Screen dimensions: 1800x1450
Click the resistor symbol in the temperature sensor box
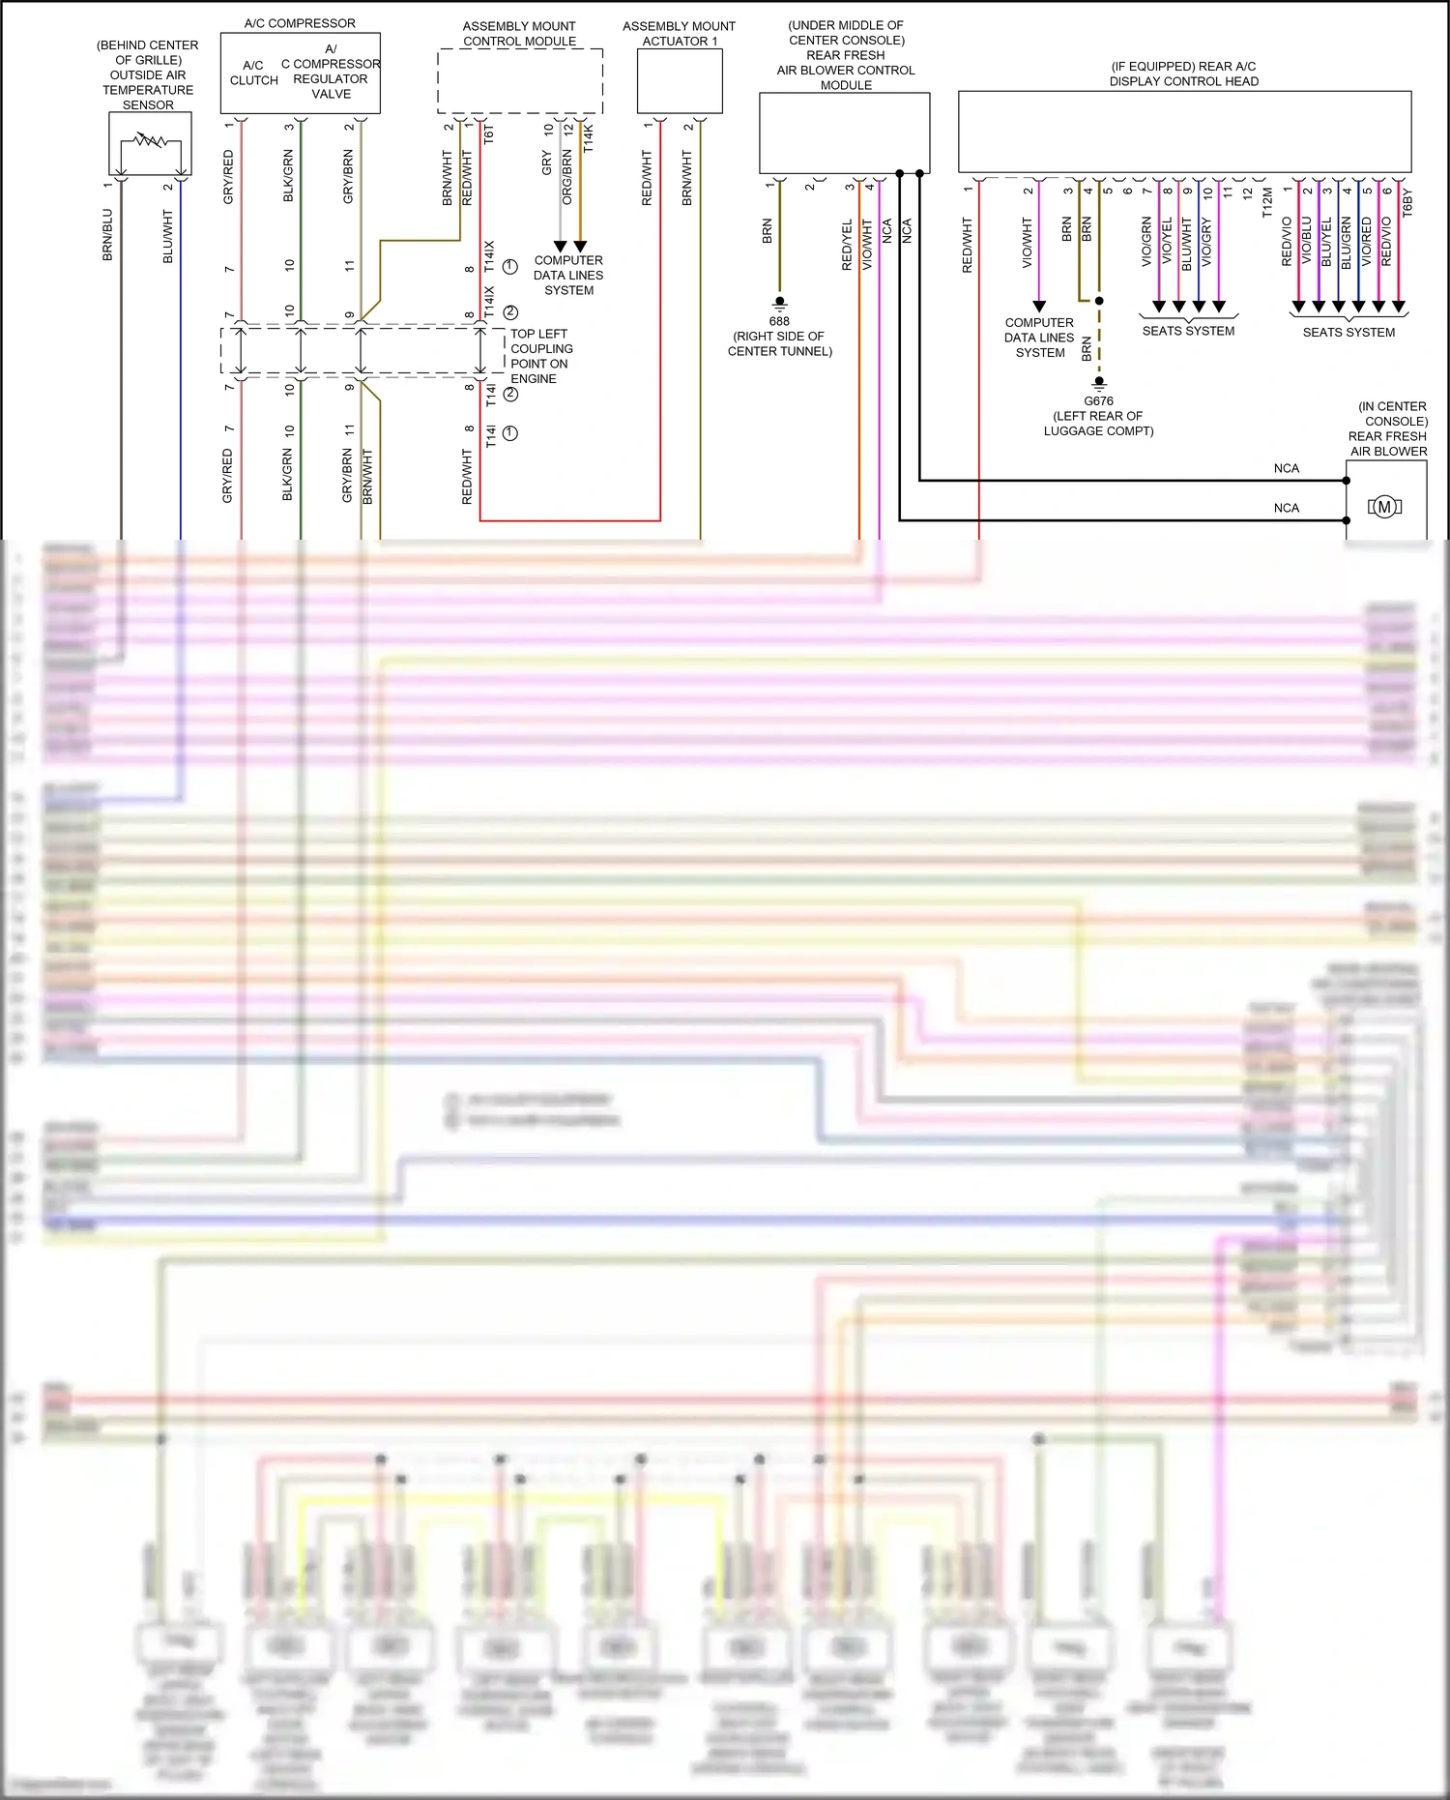click(x=149, y=141)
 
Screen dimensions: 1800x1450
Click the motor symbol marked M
click(x=1384, y=507)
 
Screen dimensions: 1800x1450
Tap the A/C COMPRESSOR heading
click(x=300, y=23)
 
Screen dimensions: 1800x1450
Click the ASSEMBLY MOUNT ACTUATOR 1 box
click(x=680, y=81)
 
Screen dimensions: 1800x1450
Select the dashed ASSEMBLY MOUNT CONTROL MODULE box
click(x=520, y=82)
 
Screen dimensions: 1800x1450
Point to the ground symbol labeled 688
click(x=779, y=304)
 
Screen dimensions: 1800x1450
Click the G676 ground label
click(x=1098, y=400)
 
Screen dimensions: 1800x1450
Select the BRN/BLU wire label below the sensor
click(x=107, y=235)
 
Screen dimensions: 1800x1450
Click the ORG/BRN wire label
click(x=567, y=177)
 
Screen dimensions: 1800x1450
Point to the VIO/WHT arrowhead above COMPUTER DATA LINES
click(x=1039, y=307)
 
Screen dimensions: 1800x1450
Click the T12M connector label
click(x=1267, y=203)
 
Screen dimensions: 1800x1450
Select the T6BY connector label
click(x=1407, y=203)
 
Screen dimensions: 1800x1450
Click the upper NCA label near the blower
click(x=1286, y=468)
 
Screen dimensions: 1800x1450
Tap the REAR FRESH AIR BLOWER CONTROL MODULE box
click(x=844, y=133)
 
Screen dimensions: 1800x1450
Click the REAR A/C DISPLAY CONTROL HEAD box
click(x=1184, y=132)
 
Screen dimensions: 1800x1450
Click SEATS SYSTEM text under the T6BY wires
click(x=1348, y=332)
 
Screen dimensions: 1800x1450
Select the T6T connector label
click(x=488, y=134)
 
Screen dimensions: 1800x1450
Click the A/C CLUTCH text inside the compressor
click(x=253, y=73)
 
